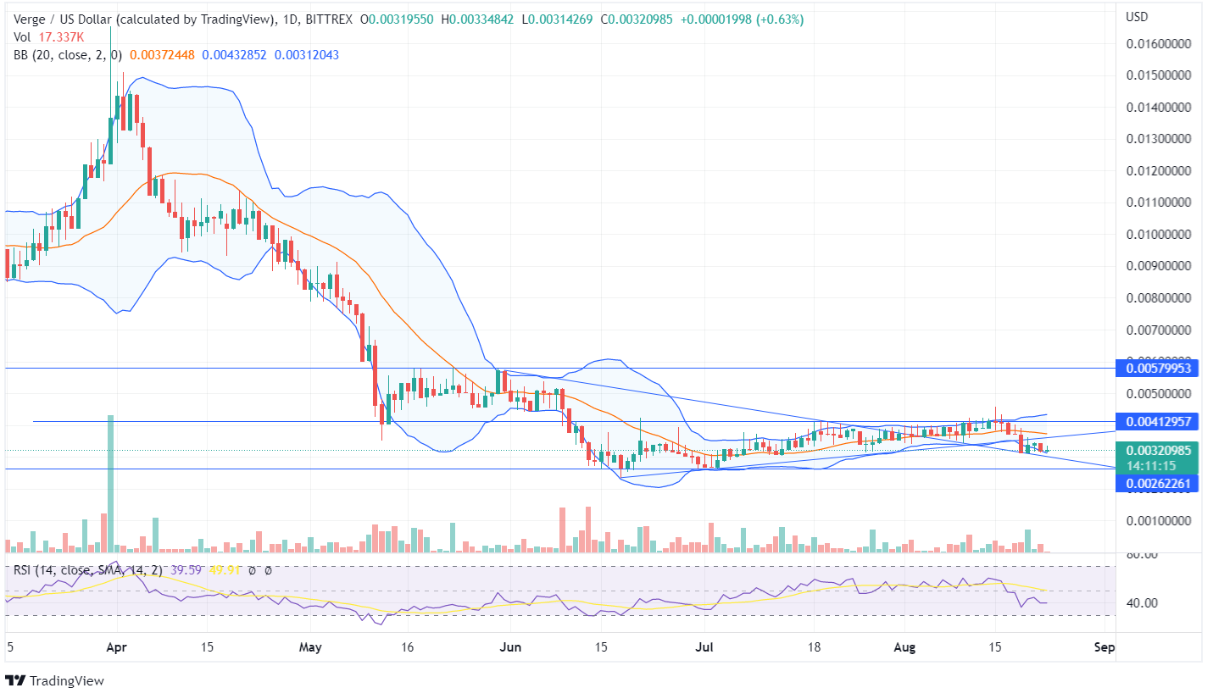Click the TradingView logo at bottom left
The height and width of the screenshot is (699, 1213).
point(55,680)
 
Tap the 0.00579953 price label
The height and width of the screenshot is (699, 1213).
point(1158,369)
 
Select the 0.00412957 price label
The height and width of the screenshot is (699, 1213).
point(1158,421)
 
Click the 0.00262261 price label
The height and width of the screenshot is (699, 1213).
point(1158,483)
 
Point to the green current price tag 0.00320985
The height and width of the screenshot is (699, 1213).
point(1158,451)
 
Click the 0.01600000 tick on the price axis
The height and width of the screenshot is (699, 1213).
point(1158,43)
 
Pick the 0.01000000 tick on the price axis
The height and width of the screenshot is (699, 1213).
point(1158,234)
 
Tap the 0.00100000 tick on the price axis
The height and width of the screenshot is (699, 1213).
point(1158,520)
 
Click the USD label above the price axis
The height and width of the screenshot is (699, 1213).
point(1136,17)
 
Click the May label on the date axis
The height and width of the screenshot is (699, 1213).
point(312,647)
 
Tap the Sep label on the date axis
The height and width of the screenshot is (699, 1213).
point(1104,647)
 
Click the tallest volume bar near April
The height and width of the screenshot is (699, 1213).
point(109,483)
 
